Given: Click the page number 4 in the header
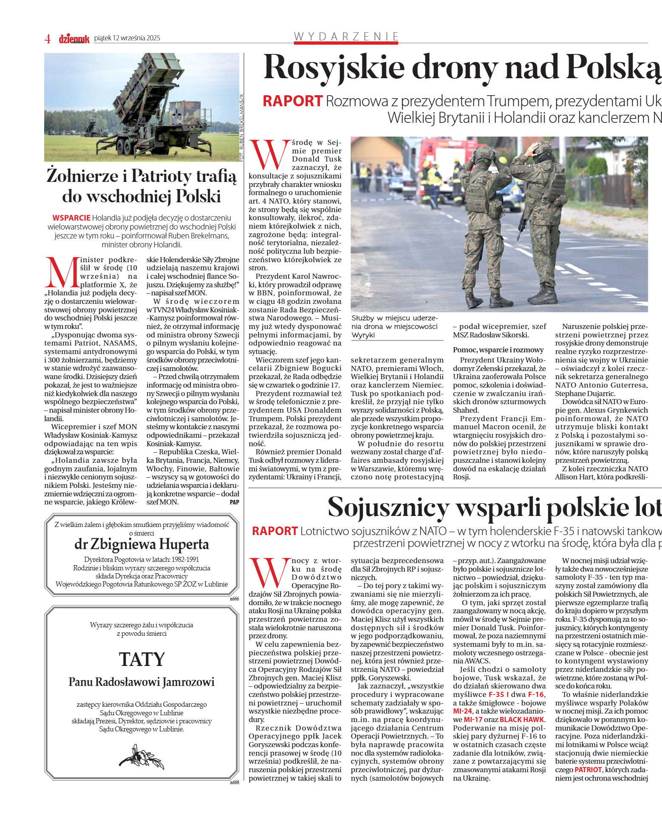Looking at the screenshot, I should click(x=47, y=39).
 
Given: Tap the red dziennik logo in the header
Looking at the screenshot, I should click(x=74, y=39).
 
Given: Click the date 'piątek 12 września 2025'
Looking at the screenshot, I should click(x=127, y=38).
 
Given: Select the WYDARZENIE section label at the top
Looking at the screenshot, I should click(x=346, y=36).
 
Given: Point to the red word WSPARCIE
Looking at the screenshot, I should click(x=71, y=218).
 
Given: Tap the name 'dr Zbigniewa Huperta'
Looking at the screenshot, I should click(x=141, y=544).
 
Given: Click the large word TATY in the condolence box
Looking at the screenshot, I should click(x=141, y=659).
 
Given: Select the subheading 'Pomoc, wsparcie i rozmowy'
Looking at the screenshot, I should click(x=498, y=350).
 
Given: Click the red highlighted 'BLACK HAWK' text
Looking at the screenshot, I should click(x=521, y=720).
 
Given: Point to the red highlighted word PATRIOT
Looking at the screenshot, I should click(x=588, y=770).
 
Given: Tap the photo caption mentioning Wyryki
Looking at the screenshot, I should click(x=394, y=326).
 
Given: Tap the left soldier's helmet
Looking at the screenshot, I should click(x=485, y=153).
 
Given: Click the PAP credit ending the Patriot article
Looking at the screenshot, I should click(x=234, y=502).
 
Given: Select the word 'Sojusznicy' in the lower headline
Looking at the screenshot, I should click(x=388, y=507).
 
